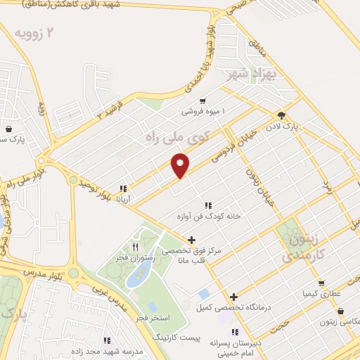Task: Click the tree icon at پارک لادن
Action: pos(282,115)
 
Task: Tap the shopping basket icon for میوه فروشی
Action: pos(202,101)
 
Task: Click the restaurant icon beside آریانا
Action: pos(123,188)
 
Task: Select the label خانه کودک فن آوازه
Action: pos(208,217)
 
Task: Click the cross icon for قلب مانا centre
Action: pos(191,240)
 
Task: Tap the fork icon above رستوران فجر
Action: pos(134,247)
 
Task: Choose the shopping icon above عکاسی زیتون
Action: pos(340,311)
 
